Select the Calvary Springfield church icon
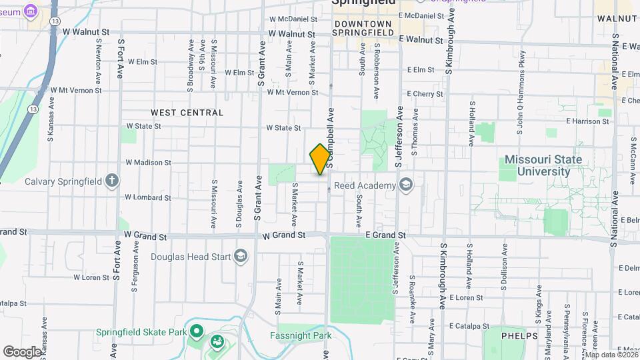(x=112, y=181)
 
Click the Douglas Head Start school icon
(x=240, y=256)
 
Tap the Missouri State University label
(x=543, y=165)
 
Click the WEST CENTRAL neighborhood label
(x=187, y=113)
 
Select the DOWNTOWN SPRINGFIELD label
(x=363, y=27)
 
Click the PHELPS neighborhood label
(x=519, y=336)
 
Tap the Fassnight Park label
(x=301, y=335)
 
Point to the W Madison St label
(x=148, y=162)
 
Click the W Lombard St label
(x=148, y=197)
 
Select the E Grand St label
(x=385, y=235)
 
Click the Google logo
(x=22, y=351)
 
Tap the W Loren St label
(x=91, y=277)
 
